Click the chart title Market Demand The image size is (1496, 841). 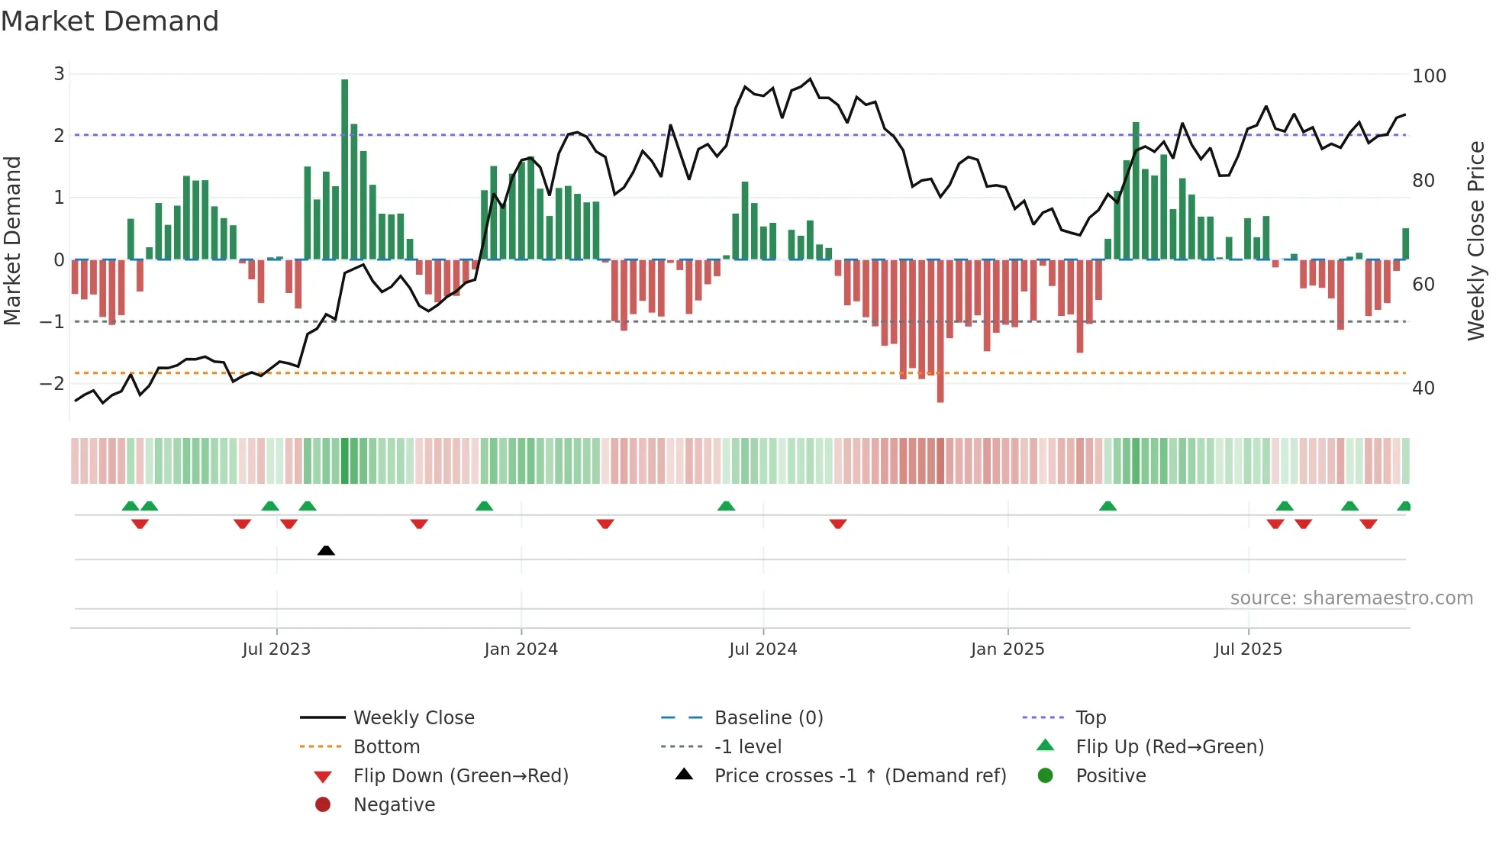point(110,21)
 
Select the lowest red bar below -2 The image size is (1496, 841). point(940,332)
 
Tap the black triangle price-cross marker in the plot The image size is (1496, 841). point(326,550)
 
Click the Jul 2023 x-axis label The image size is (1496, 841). point(276,649)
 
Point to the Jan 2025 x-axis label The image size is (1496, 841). point(1008,649)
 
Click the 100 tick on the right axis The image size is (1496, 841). point(1429,76)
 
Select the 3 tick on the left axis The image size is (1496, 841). point(59,74)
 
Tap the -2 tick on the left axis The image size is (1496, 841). point(52,384)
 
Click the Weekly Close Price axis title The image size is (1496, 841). point(1476,240)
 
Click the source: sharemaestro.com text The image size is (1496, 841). point(1351,598)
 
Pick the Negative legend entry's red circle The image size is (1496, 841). point(323,805)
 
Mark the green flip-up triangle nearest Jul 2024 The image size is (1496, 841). point(727,506)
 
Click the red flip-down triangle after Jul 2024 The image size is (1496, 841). point(838,524)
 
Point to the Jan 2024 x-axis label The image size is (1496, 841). point(521,649)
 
